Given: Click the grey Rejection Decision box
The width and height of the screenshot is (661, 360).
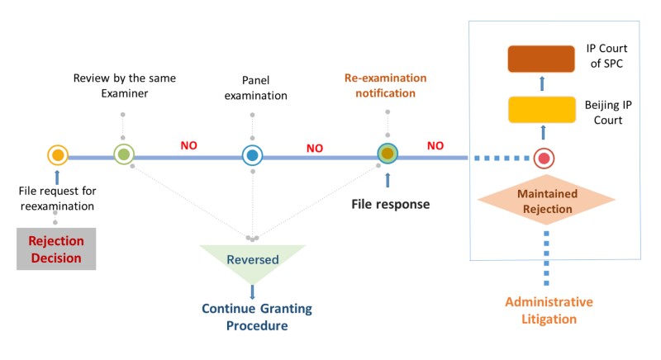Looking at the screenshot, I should point(56,249).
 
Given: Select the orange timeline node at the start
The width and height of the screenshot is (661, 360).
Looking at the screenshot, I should point(57,154).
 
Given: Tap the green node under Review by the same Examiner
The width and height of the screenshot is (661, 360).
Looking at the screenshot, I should point(123,154).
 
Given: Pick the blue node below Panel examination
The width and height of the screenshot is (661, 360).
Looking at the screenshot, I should point(253,154).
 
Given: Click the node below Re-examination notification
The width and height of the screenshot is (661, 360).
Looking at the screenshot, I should point(388,154).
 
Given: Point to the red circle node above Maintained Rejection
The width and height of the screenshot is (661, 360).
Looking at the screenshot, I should point(543,157).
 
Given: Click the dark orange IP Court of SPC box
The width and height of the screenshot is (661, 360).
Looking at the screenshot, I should point(541,60).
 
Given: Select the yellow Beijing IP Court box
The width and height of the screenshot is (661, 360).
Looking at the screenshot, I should point(541,110).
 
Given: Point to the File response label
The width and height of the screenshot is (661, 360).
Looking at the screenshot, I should point(392,204).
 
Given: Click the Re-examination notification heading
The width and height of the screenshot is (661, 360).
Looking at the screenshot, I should point(386,85).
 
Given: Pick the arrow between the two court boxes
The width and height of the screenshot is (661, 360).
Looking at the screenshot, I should point(542,84).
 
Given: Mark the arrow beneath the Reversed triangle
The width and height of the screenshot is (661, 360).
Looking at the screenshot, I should point(252,291).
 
